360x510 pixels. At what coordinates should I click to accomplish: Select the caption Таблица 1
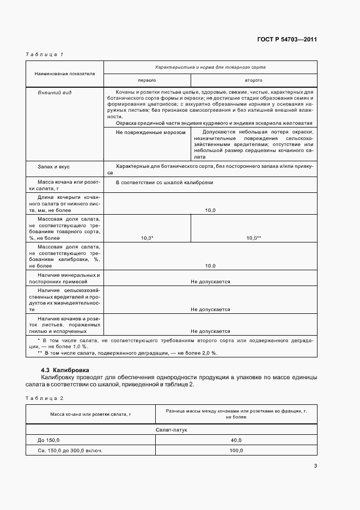click(45, 54)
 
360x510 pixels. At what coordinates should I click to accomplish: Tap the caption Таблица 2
click(45, 398)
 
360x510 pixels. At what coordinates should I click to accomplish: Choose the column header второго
click(253, 80)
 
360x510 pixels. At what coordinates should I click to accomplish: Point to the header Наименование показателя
click(65, 73)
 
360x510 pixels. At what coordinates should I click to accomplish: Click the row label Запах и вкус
click(54, 167)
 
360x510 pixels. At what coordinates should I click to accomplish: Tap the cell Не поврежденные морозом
click(151, 132)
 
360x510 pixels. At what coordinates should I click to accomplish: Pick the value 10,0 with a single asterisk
click(147, 238)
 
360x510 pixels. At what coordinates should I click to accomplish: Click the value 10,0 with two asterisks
click(254, 238)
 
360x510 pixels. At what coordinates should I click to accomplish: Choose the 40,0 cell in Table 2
click(236, 440)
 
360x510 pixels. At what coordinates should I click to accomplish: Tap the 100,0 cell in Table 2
click(236, 451)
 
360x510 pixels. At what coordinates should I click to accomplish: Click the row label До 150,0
click(48, 440)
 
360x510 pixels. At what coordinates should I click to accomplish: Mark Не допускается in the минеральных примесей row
click(210, 282)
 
